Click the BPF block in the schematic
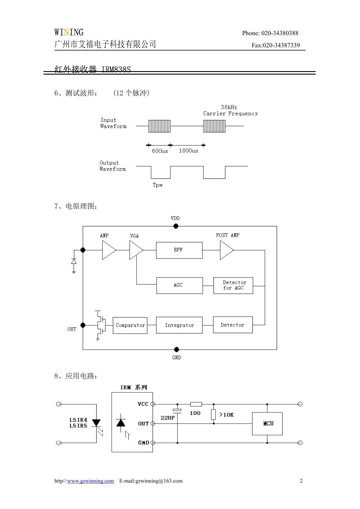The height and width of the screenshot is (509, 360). click(179, 250)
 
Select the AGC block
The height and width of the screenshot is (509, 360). click(179, 286)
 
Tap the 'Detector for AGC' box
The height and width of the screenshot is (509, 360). click(233, 286)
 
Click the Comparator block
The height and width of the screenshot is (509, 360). click(130, 326)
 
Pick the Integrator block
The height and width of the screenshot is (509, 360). click(179, 325)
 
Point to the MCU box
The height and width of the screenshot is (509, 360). click(267, 424)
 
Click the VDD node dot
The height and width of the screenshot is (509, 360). click(176, 226)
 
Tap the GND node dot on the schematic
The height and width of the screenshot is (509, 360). click(176, 349)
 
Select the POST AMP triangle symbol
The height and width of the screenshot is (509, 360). click(226, 250)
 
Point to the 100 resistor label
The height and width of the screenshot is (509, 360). click(195, 413)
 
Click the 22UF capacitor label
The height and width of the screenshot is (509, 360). click(168, 418)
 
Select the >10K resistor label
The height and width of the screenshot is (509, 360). click(227, 415)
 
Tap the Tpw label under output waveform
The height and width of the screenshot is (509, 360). click(158, 185)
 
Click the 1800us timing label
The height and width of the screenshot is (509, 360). click(188, 151)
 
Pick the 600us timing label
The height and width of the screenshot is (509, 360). click(160, 151)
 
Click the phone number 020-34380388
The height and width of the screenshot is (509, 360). click(280, 33)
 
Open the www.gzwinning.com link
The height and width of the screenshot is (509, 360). click(91, 481)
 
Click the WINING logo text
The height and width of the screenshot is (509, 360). click(69, 32)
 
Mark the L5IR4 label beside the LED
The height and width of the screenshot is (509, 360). click(78, 420)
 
